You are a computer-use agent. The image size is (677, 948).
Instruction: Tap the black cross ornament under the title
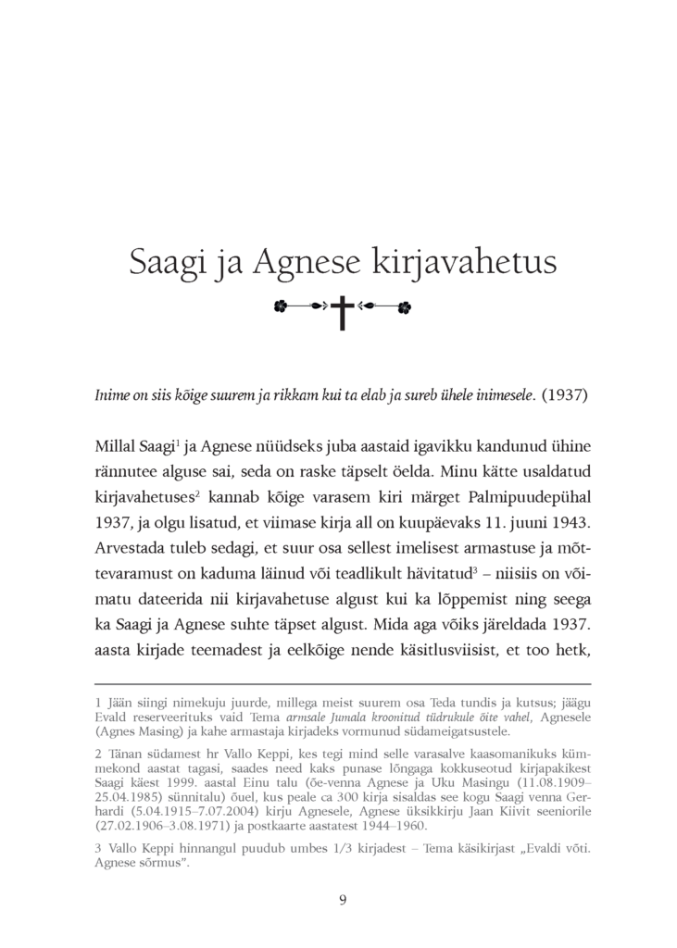(x=343, y=311)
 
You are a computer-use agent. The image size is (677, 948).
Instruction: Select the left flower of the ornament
(x=281, y=305)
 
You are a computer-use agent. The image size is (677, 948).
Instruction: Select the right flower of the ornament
(x=404, y=305)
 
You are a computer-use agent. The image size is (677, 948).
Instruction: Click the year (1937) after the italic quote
(x=564, y=395)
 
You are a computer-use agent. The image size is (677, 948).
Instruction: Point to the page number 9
(x=343, y=900)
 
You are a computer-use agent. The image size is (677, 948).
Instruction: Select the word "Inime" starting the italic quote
(x=112, y=395)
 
